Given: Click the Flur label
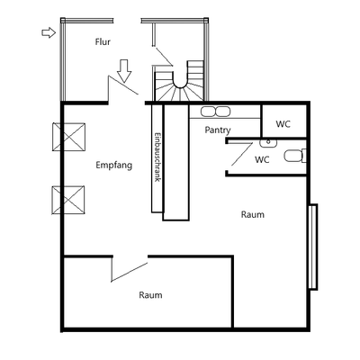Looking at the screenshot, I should [103, 42].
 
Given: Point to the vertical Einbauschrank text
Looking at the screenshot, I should [157, 157].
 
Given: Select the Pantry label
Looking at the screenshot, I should [218, 130].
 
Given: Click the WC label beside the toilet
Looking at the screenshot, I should [263, 160].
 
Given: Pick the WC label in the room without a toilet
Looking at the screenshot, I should [283, 124].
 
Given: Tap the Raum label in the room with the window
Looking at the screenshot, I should [253, 214].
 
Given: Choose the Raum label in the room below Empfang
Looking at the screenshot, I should [150, 294].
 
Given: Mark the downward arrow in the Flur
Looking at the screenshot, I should [124, 68].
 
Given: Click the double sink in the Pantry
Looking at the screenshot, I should [216, 112].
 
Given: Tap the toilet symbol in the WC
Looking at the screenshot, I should [293, 156].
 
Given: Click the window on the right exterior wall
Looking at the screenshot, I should [312, 247].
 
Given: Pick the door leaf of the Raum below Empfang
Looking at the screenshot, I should [128, 269].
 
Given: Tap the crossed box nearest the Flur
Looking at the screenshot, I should [68, 139].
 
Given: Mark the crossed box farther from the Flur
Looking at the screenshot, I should [68, 200].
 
